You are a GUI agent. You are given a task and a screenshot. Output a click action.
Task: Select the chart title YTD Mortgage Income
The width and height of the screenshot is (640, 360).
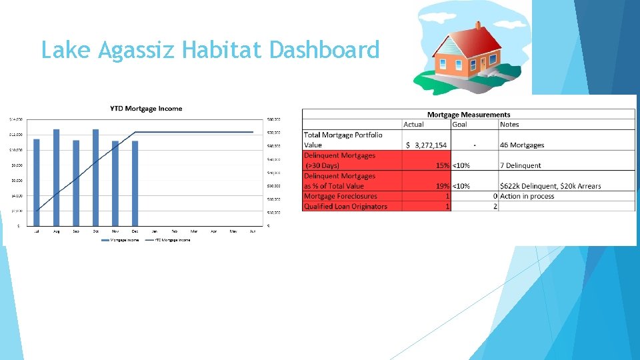[x=146, y=109]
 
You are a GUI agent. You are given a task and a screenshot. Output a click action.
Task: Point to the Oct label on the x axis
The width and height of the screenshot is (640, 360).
[x=95, y=231]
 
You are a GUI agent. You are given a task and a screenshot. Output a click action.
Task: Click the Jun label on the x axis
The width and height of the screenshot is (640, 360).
[x=252, y=231]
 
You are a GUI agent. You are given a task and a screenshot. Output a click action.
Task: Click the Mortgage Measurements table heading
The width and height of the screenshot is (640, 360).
[x=469, y=115]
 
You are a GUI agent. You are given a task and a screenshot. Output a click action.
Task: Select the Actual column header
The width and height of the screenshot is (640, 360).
[x=413, y=125]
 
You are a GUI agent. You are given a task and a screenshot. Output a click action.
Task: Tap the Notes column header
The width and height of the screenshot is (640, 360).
[x=509, y=125]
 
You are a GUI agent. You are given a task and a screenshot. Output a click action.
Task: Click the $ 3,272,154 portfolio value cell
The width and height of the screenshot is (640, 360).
[x=427, y=145]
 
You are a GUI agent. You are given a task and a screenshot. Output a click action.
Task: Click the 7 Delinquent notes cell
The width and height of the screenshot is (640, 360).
[x=521, y=165]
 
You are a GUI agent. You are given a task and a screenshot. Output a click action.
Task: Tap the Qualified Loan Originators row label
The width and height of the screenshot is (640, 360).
[x=345, y=206]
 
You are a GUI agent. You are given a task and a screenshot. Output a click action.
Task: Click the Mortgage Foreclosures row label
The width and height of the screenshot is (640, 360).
[x=340, y=196]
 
